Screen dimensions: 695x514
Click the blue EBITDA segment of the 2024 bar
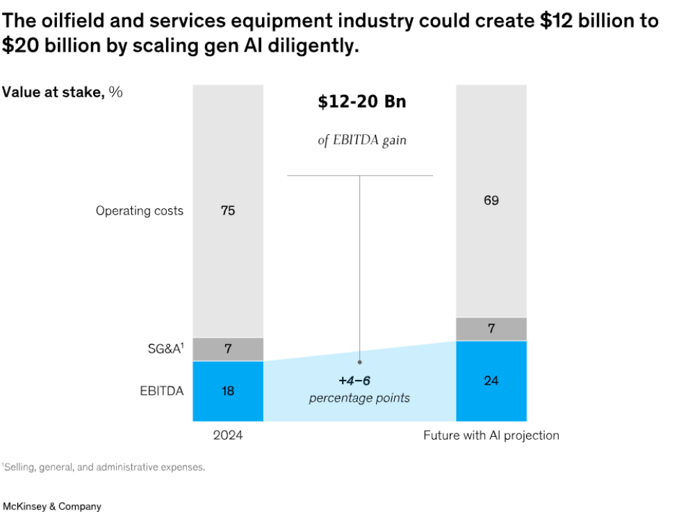228,391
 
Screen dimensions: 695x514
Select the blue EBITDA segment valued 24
491,381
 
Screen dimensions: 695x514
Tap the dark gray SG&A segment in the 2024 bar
228,349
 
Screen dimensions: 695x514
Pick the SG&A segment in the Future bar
491,329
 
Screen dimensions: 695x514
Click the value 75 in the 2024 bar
228,210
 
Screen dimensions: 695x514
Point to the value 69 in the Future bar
491,200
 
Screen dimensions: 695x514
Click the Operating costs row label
140,210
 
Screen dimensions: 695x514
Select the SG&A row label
166,349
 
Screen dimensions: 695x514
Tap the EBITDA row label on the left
161,391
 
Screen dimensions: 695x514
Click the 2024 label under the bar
228,435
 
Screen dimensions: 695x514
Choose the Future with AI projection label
491,436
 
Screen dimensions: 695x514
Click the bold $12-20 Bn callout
362,101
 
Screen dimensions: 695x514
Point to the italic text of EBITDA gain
362,140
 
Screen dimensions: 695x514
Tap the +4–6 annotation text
354,381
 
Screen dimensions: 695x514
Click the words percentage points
359,398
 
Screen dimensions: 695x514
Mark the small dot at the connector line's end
359,362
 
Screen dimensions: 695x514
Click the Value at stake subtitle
62,92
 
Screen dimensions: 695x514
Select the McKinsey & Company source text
52,506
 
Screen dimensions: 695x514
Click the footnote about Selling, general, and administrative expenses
104,467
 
